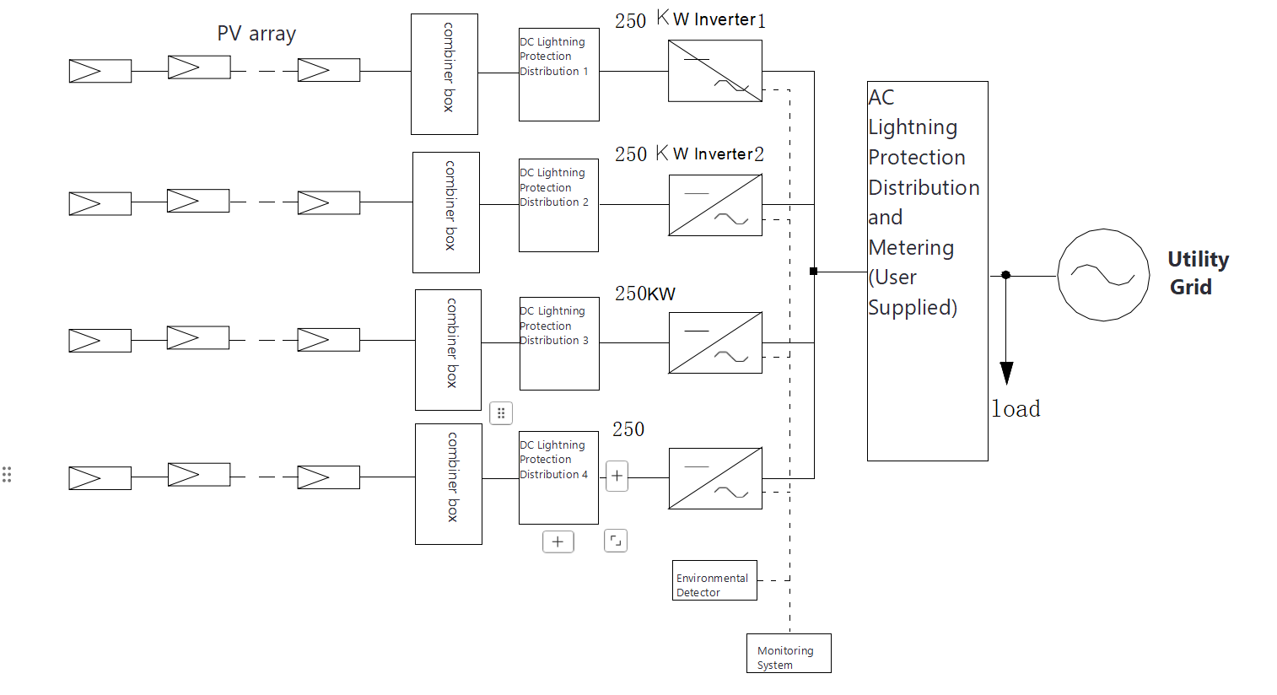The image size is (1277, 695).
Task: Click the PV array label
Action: (256, 34)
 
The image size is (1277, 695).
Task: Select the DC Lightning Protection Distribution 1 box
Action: (558, 75)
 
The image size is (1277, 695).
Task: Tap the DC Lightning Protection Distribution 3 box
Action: (559, 343)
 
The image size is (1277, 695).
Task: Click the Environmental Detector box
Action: (714, 580)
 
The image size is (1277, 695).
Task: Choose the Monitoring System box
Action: (789, 653)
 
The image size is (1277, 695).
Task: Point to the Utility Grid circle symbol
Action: (1103, 275)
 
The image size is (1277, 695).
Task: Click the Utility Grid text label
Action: (1197, 272)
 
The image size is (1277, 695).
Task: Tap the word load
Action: (1016, 409)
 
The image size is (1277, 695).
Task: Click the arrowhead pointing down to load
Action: (1006, 373)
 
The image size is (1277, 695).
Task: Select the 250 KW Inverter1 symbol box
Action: (715, 72)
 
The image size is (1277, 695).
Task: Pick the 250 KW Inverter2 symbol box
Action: (715, 205)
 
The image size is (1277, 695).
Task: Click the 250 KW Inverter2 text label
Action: (689, 154)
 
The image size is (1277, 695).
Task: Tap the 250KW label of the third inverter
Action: (645, 294)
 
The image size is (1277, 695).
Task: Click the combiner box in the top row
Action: (445, 74)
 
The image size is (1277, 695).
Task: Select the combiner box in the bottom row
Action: (449, 484)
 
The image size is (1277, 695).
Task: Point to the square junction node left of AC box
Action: (813, 272)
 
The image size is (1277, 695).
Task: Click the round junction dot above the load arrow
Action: (1005, 275)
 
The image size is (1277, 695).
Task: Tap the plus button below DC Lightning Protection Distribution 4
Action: (558, 541)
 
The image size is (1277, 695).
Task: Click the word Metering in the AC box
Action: (911, 248)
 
